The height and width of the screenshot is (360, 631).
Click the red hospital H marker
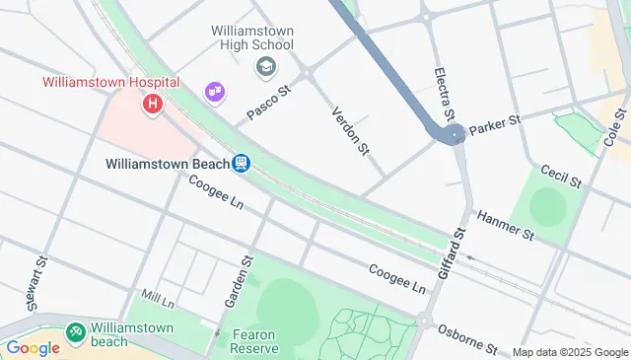click(152, 103)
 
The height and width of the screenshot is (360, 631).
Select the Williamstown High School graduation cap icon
click(265, 67)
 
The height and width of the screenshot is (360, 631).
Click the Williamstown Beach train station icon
click(241, 164)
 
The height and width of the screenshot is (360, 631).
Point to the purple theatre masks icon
click(214, 93)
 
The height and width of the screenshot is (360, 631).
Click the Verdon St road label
click(350, 130)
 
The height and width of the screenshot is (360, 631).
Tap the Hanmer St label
click(505, 226)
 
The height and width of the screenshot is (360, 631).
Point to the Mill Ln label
click(158, 295)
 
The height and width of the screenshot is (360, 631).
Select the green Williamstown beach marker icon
click(75, 334)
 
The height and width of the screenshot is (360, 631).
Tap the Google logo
click(33, 347)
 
